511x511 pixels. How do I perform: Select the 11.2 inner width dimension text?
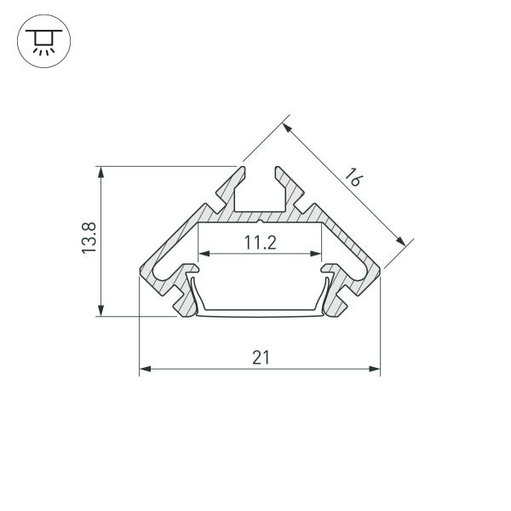point(260,243)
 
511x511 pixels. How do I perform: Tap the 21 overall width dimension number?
point(260,358)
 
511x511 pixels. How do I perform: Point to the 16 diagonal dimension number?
point(355,178)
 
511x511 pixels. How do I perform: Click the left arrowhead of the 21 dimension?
point(144,369)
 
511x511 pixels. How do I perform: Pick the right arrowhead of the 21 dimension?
point(375,369)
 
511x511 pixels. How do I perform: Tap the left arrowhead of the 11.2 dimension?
point(203,254)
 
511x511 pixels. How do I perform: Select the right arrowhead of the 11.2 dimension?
point(317,254)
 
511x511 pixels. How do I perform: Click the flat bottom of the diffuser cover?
point(260,313)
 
